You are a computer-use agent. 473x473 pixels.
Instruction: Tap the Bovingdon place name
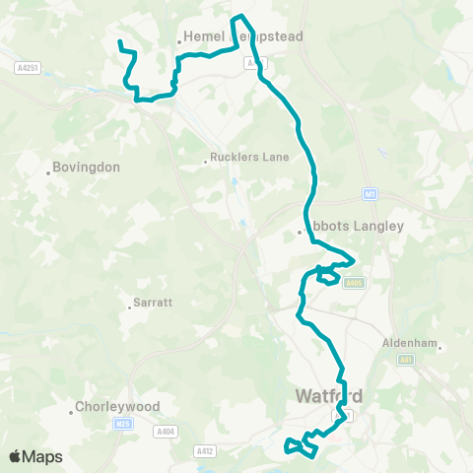87,168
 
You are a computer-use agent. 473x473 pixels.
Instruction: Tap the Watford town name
328,397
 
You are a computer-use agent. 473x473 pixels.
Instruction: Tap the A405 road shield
355,283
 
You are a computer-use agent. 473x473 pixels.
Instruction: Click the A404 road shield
164,431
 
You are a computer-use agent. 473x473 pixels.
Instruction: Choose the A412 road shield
204,451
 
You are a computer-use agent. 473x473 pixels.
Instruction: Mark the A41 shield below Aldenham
406,361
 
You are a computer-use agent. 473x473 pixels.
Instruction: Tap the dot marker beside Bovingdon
47,173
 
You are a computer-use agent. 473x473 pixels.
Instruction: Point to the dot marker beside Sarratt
129,306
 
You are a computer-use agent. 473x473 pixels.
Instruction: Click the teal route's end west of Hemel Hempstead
119,42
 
